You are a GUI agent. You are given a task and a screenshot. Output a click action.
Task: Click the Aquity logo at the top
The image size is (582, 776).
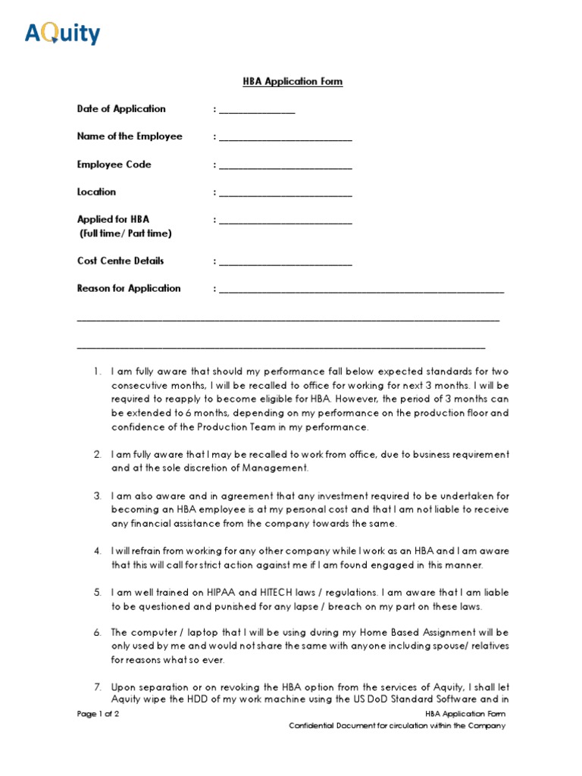62,33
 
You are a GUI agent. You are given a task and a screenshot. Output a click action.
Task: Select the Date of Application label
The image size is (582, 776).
121,109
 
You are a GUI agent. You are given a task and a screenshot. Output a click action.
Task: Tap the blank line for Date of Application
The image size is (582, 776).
256,111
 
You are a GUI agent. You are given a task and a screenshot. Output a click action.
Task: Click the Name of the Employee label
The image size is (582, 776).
130,136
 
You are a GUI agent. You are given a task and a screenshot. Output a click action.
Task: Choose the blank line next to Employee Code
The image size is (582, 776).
285,166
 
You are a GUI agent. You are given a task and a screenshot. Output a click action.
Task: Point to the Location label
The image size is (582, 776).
96,192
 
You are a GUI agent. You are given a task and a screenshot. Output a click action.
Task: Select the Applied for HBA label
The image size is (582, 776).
113,219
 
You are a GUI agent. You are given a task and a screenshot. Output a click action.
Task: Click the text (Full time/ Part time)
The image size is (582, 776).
126,233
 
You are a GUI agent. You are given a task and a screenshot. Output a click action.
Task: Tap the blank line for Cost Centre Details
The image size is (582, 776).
285,263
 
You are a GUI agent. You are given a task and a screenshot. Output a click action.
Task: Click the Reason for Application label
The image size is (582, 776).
129,288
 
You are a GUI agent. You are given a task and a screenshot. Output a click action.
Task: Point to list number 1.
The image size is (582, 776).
97,372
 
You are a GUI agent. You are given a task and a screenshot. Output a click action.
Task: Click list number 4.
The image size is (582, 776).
97,551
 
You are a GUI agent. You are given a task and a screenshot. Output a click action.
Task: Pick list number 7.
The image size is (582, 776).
97,687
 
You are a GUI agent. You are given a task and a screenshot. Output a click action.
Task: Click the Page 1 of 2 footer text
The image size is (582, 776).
98,715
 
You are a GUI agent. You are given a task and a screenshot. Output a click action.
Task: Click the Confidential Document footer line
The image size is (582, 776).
396,726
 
